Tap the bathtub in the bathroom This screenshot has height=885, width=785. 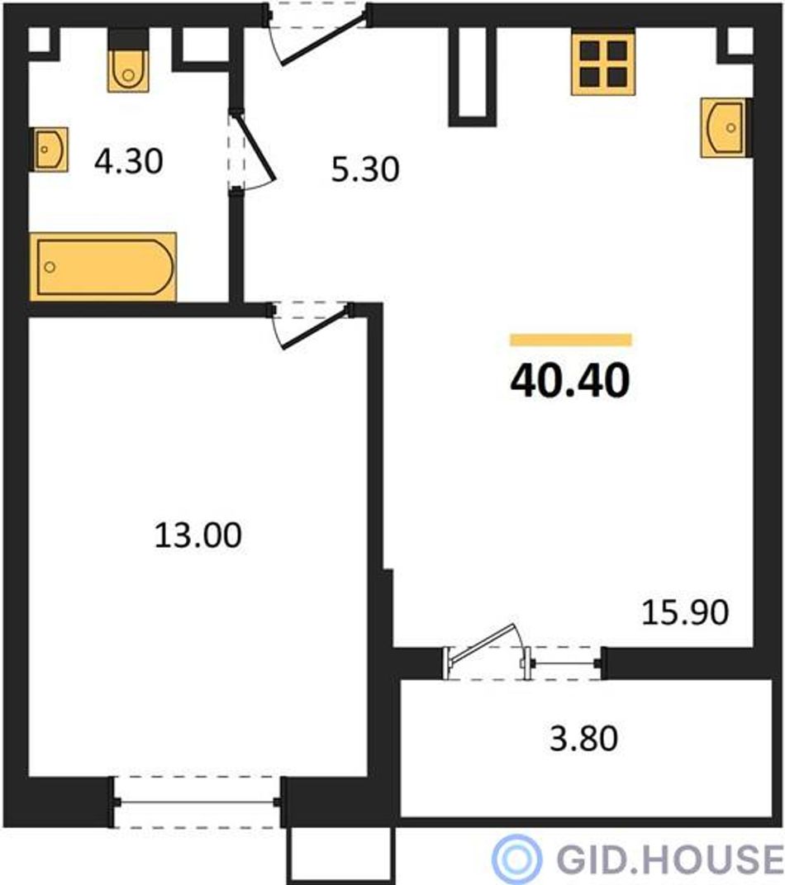point(103,266)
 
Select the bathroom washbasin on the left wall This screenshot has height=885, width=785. point(49,150)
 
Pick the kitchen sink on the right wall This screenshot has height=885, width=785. point(726,127)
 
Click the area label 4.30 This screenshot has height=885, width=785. point(129,161)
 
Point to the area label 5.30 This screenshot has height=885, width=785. point(365,169)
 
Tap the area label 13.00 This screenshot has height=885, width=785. point(197,535)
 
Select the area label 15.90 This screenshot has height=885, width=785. point(685,612)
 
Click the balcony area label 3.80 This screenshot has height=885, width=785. point(584,738)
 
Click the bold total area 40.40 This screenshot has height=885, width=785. point(569,380)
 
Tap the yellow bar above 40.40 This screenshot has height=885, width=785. point(570,340)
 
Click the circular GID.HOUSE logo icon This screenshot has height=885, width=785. point(516,859)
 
